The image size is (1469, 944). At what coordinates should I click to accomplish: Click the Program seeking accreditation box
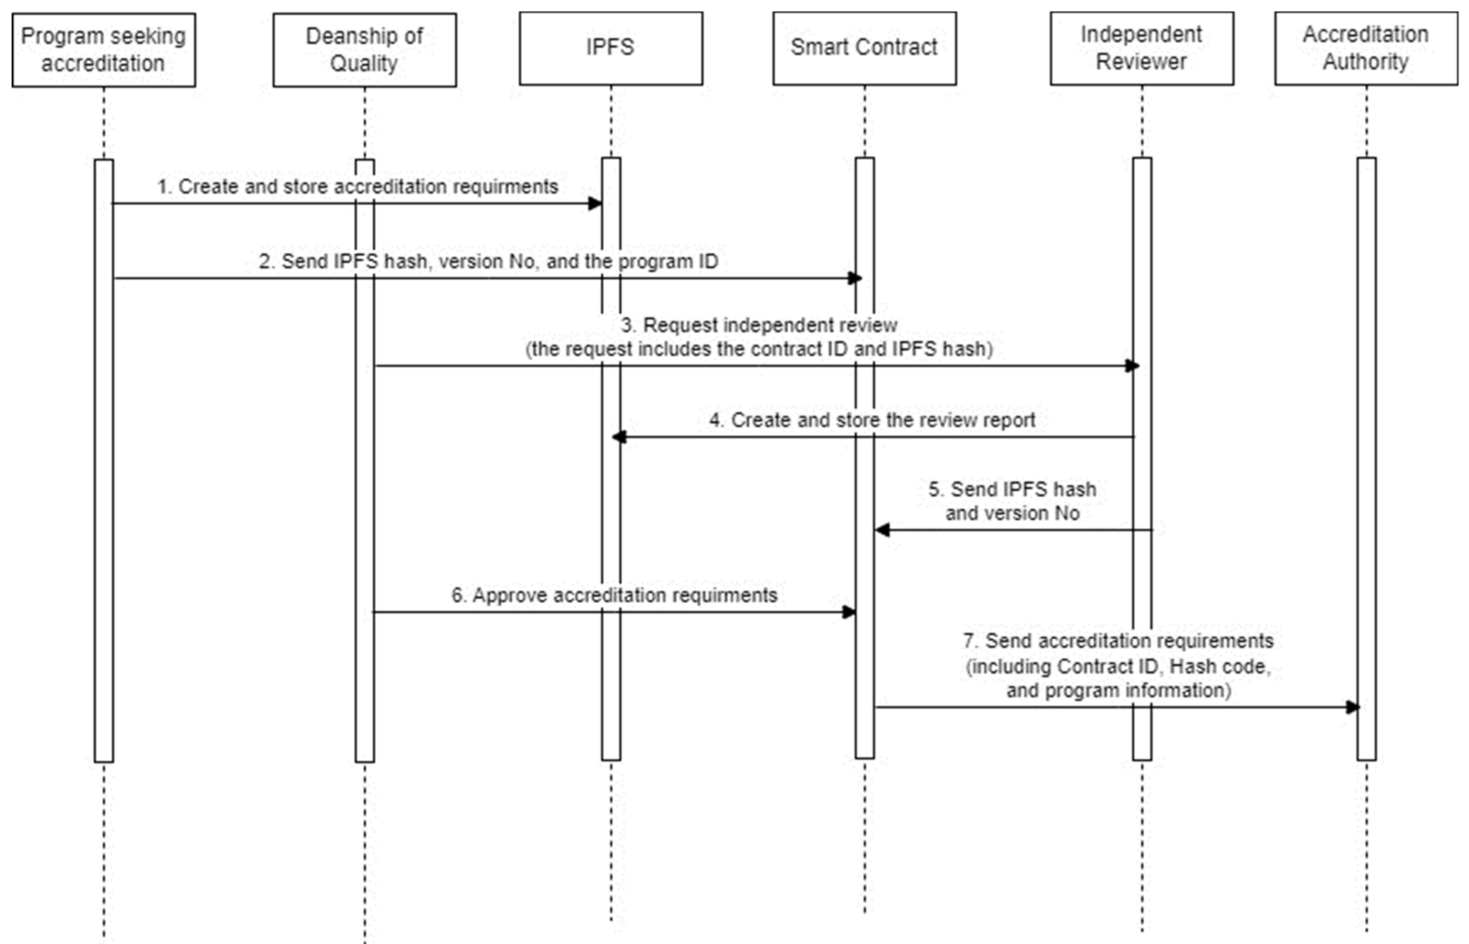point(104,50)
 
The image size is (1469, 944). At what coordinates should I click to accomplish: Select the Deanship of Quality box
point(364,50)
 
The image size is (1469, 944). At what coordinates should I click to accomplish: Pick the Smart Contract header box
point(864,48)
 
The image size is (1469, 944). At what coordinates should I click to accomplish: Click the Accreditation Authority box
point(1365,48)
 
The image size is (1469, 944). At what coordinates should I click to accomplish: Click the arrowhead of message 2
point(855,278)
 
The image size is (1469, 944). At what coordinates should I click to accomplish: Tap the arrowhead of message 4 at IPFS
point(619,437)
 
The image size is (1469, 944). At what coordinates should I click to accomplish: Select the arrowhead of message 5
point(882,530)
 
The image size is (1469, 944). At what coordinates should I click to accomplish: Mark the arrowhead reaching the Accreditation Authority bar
point(1352,707)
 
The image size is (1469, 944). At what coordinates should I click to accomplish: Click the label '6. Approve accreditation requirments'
point(614,594)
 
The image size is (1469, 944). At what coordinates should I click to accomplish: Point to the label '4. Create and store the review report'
point(872,420)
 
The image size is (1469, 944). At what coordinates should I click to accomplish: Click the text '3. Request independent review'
point(759,325)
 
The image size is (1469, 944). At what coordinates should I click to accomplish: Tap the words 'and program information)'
point(1118,690)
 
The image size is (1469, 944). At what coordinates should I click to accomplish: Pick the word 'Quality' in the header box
point(364,63)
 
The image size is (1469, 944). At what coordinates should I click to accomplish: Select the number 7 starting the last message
point(968,640)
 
